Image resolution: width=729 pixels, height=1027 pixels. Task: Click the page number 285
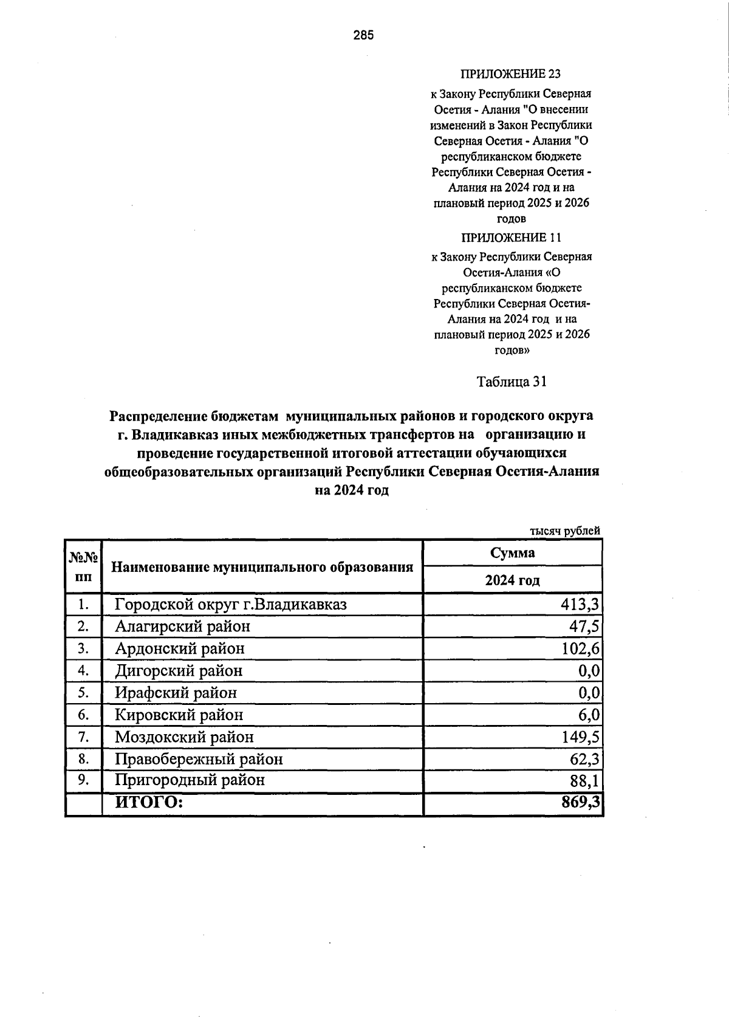364,35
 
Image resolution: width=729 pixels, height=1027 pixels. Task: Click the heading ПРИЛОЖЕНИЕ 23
511,74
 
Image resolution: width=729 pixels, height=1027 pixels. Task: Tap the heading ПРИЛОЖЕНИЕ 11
511,237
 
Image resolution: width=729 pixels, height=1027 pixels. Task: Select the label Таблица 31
512,382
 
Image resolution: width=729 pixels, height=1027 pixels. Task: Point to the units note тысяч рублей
565,531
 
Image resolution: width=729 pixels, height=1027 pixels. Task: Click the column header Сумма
512,552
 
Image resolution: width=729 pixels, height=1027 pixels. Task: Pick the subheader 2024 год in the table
512,580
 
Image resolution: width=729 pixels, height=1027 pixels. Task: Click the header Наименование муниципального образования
262,567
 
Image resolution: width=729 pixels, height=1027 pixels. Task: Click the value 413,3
580,605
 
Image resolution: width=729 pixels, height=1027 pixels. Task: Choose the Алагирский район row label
182,626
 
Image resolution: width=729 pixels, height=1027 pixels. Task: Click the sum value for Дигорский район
589,671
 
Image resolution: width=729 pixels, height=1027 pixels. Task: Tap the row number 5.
83,693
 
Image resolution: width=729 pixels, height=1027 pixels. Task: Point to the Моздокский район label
184,737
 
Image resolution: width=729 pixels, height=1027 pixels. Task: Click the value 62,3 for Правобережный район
584,760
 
